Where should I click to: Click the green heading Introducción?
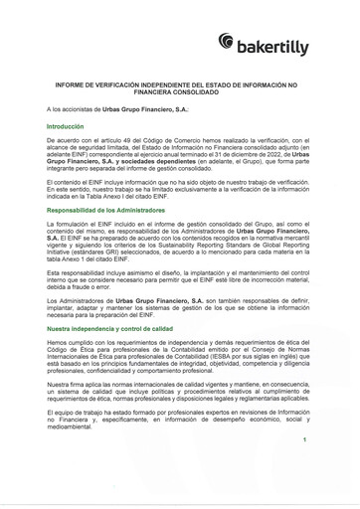click(66, 128)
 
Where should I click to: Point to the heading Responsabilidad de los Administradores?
click(111, 210)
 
